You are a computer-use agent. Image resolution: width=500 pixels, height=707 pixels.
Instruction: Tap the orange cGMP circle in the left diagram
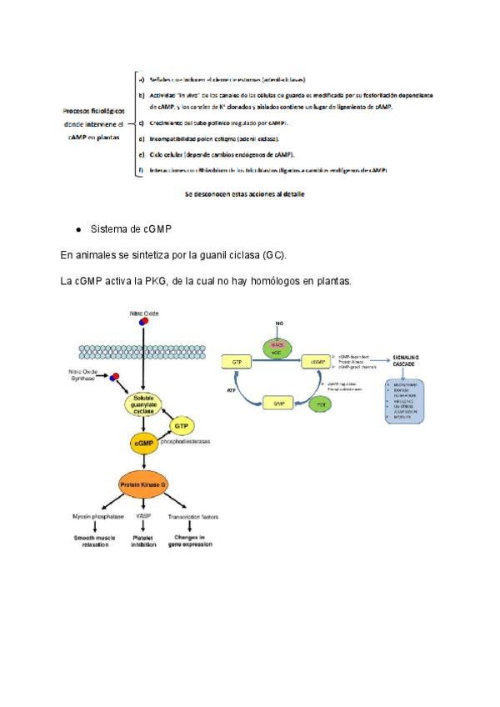(x=144, y=444)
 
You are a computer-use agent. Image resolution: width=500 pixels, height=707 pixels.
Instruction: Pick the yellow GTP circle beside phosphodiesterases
(x=182, y=425)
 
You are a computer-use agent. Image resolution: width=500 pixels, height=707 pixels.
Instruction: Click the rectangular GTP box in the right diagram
(x=237, y=362)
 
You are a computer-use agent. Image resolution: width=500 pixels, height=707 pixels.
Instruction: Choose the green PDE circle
(x=320, y=404)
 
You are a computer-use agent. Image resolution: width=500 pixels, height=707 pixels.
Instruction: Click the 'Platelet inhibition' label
(x=143, y=541)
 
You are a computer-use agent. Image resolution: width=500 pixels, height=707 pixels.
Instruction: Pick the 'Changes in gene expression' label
(x=192, y=541)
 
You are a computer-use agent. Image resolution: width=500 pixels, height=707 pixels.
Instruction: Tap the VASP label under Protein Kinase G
(x=143, y=517)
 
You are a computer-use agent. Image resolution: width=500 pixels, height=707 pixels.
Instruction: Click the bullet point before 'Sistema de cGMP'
(x=77, y=228)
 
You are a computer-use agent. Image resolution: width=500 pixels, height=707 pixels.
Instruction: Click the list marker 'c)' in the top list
(x=140, y=123)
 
